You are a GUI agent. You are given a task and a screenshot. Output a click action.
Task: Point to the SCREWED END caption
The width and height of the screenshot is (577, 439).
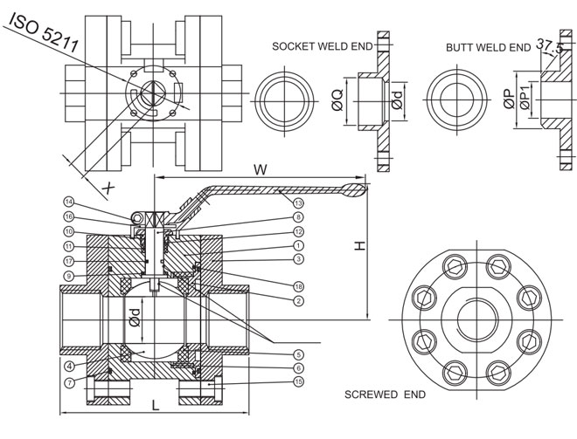(385, 394)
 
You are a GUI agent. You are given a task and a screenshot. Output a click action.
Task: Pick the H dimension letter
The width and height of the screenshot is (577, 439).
(357, 248)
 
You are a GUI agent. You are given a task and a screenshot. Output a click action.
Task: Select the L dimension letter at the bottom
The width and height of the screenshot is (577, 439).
(154, 404)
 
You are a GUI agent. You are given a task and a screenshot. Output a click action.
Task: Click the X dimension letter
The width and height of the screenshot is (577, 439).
(108, 187)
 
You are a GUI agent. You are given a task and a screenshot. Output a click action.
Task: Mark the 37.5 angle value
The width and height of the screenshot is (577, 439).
(547, 45)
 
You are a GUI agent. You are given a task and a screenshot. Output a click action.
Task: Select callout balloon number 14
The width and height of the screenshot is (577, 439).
(68, 202)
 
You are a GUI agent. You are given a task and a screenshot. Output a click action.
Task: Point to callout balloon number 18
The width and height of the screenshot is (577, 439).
(298, 285)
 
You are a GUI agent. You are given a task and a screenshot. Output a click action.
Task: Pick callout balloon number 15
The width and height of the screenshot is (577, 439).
(298, 382)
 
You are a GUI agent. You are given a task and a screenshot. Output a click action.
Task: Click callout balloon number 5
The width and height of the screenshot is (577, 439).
(298, 354)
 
